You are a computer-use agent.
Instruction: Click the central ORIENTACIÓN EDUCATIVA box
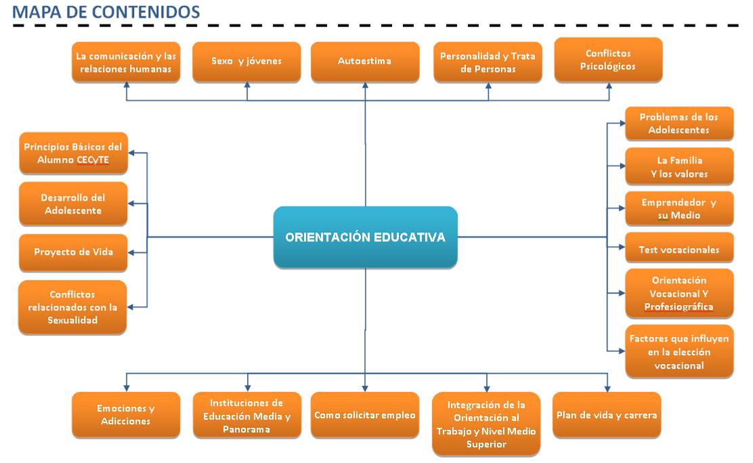pos(365,237)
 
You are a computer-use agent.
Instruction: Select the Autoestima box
pos(364,61)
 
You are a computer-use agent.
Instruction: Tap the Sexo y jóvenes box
pos(246,61)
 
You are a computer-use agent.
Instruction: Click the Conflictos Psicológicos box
pos(608,60)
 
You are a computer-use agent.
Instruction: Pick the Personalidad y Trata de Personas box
pos(488,62)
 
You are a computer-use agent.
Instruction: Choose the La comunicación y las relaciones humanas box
pos(126,62)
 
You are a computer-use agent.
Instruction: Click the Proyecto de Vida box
pos(73,251)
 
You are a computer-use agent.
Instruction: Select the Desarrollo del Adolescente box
pos(73,203)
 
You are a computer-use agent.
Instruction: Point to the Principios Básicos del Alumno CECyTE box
pos(73,153)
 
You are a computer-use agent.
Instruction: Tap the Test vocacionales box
pos(679,249)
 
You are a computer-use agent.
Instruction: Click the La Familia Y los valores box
pos(679,167)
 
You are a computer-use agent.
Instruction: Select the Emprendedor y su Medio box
pos(679,209)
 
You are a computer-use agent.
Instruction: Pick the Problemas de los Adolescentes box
pos(679,123)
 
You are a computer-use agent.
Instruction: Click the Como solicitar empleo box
pos(364,415)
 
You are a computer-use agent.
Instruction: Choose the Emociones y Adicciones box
pos(126,415)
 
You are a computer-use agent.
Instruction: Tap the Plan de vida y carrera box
pos(607,415)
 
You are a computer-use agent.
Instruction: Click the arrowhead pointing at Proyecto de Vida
pos(132,252)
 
